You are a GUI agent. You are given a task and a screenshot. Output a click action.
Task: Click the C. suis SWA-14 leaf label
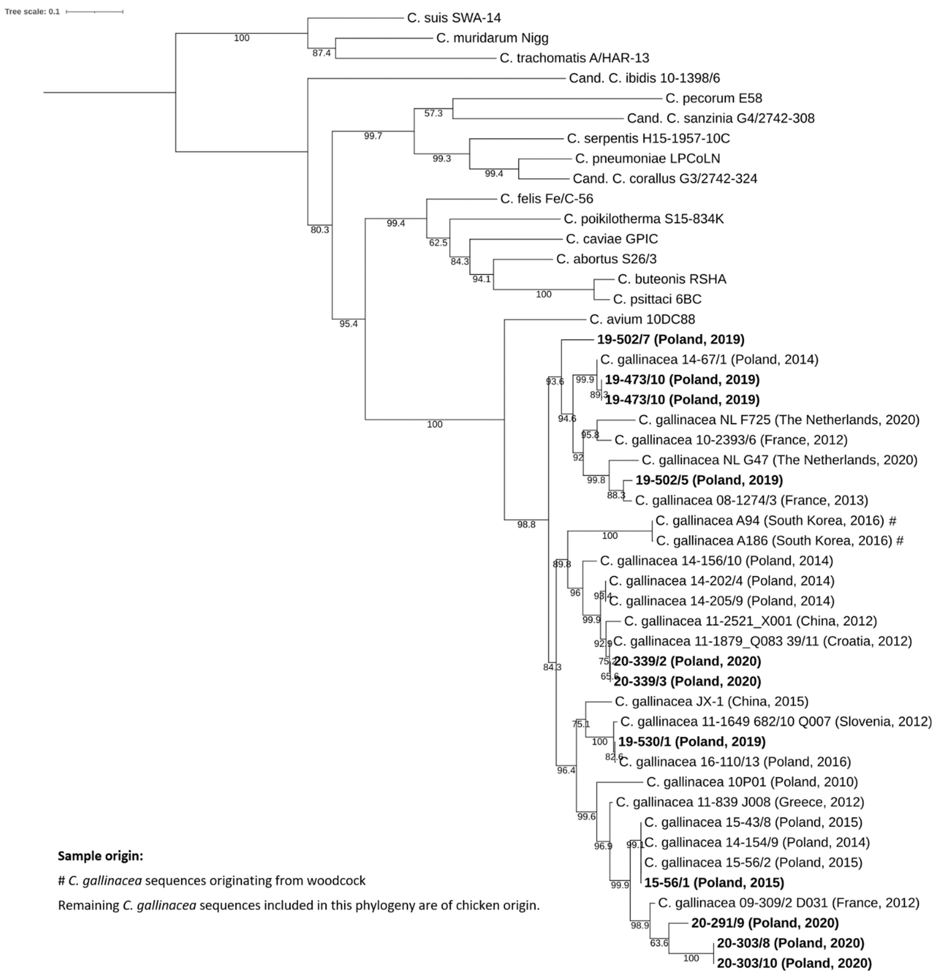coord(454,18)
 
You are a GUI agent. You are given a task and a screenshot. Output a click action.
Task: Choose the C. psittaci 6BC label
coord(657,299)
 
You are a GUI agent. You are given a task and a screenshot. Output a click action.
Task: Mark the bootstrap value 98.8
coord(526,524)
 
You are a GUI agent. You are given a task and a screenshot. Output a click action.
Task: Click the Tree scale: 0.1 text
coord(32,12)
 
